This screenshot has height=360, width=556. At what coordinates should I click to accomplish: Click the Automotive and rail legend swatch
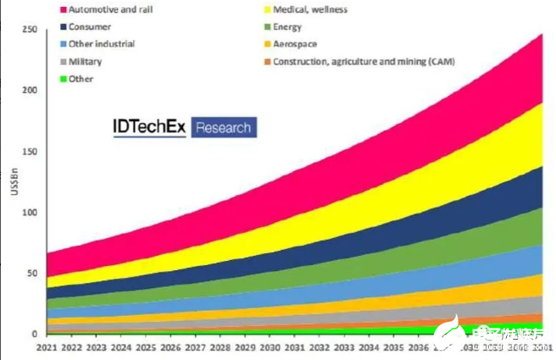64,10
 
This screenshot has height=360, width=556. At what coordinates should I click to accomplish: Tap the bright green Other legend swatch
64,79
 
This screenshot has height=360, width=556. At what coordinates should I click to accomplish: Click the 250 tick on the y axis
31,30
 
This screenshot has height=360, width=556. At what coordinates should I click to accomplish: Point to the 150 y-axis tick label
31,152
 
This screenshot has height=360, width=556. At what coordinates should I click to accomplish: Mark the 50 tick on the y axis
34,274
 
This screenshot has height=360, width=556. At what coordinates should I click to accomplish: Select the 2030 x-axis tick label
270,347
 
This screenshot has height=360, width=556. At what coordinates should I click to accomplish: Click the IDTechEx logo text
149,127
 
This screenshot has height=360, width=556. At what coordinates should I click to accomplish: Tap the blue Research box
224,128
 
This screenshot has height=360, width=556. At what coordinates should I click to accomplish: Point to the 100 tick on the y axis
31,213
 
